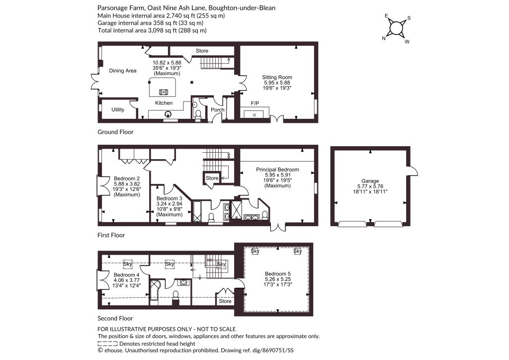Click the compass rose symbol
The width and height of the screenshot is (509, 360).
[x=396, y=28]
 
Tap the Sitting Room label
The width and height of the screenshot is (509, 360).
[x=277, y=77]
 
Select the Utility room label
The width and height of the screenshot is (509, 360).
[x=118, y=110]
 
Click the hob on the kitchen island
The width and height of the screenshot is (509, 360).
[x=164, y=92]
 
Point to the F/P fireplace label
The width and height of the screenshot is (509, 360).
[x=255, y=103]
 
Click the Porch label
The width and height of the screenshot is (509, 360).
[x=218, y=110]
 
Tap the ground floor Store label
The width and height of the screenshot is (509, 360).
[x=202, y=51]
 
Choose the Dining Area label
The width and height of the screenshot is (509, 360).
[x=123, y=71]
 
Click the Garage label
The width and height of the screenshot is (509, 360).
[x=370, y=181]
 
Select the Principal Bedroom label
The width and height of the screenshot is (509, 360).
[x=277, y=170]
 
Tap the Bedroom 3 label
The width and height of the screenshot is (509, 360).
[x=169, y=198]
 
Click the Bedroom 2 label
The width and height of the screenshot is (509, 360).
[x=127, y=179]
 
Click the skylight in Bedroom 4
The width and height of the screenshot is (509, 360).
[x=128, y=264]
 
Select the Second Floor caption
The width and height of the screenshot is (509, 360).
[x=115, y=318]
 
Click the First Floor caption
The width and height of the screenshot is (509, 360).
[x=111, y=235]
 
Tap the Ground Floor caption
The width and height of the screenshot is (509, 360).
[x=115, y=132]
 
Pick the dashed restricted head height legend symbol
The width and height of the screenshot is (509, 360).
[x=107, y=344]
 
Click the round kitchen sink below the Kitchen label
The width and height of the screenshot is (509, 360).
[x=168, y=114]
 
